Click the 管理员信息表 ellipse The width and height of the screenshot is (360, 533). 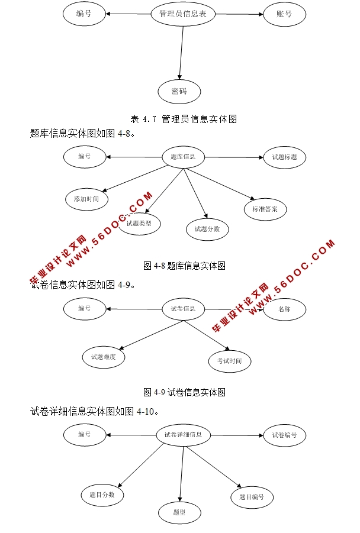pos(183,14)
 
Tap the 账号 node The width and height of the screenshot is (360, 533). pos(284,14)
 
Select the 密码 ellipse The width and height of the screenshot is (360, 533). pos(179,92)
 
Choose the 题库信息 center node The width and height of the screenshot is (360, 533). pos(183,157)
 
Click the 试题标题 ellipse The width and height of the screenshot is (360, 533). pos(284,157)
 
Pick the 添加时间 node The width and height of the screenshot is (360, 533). pos(86,199)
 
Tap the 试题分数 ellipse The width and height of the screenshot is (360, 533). pos(207,230)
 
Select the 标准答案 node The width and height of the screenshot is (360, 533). pos(265,209)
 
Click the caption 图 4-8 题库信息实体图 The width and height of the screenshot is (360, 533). pos(184,266)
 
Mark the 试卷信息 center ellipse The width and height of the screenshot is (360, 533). pos(183,309)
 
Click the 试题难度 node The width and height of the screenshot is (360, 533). pos(104,357)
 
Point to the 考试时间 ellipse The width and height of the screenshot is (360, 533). pos(230,361)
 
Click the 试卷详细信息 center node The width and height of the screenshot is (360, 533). pos(183,435)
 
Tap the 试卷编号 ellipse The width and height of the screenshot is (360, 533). pos(284,435)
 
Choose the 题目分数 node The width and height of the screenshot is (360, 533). pos(102,494)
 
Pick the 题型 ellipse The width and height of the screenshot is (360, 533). pos(179,512)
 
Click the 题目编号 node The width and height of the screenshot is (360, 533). pos(252,498)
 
